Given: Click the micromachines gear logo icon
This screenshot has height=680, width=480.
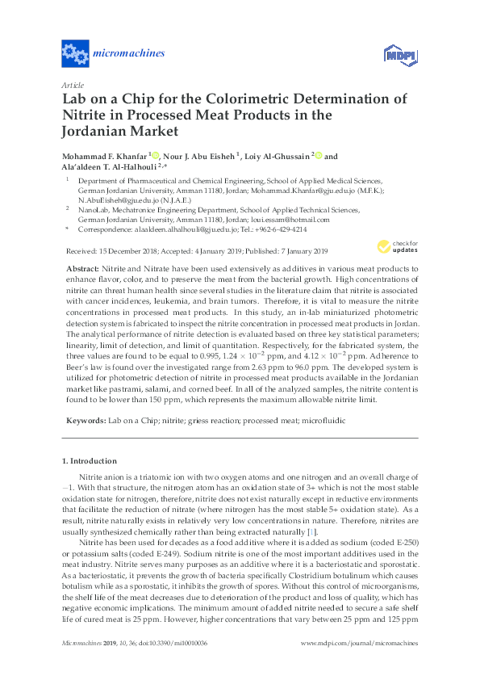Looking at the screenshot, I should pos(75,55).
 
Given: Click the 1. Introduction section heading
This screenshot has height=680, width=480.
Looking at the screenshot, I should pos(90,461).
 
